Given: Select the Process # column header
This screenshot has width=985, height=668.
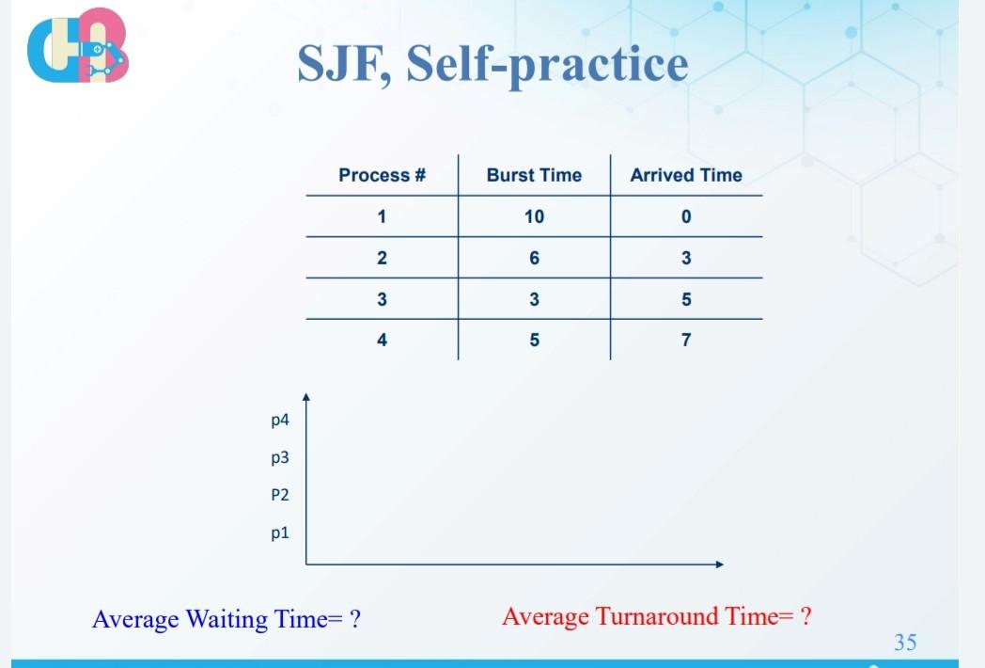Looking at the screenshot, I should click(382, 175).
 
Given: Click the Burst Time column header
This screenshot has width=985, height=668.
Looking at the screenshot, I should click(534, 175).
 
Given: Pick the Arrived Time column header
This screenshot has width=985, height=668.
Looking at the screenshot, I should click(686, 175).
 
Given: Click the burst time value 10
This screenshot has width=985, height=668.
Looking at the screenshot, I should click(534, 216).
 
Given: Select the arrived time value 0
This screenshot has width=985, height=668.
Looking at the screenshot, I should click(686, 216).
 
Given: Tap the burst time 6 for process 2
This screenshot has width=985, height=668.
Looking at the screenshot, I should click(534, 258).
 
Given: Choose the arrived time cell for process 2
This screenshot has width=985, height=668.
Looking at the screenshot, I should click(686, 258).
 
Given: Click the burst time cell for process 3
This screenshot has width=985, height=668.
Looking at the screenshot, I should click(534, 299).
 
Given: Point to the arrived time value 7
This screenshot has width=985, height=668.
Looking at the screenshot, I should click(686, 341).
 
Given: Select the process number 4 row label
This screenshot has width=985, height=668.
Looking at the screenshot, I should click(382, 341).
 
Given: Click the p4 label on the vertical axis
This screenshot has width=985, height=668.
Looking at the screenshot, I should click(279, 421).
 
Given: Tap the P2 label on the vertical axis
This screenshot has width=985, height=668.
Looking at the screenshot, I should click(279, 494).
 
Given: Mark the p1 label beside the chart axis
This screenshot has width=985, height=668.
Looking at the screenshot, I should click(279, 533).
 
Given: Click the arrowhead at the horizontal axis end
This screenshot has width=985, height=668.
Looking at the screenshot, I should click(719, 565).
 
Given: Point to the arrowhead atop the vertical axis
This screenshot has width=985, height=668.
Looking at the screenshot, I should click(305, 399).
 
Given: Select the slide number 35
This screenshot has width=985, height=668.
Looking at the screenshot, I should click(904, 643).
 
